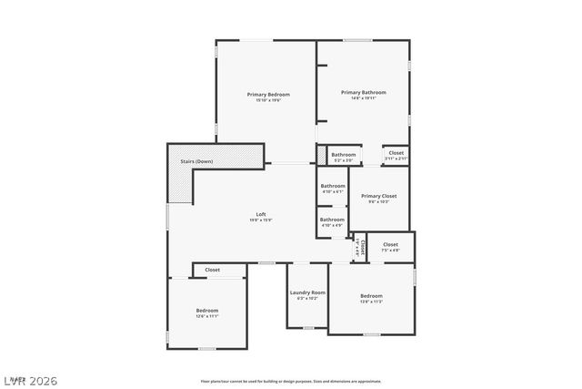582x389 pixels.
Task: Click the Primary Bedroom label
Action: pyautogui.click(x=268, y=94)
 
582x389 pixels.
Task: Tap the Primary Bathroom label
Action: pyautogui.click(x=364, y=92)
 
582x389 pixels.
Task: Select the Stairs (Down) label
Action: pyautogui.click(x=196, y=161)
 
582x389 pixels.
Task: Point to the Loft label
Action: pyautogui.click(x=261, y=214)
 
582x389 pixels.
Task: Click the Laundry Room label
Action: pyautogui.click(x=307, y=292)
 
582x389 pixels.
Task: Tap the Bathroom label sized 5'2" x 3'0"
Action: pyautogui.click(x=343, y=155)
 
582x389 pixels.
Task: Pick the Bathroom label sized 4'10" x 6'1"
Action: pyautogui.click(x=332, y=186)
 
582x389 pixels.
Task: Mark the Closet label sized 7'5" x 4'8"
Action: pyautogui.click(x=390, y=244)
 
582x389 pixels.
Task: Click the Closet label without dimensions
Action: pyautogui.click(x=212, y=270)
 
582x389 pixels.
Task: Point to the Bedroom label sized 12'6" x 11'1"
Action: pyautogui.click(x=207, y=310)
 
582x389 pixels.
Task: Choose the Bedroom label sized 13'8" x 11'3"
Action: pyautogui.click(x=371, y=295)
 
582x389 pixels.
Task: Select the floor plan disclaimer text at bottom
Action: pyautogui.click(x=291, y=381)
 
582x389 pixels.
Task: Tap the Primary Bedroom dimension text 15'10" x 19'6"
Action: pyautogui.click(x=268, y=99)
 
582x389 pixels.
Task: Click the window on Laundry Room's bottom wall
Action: pyautogui.click(x=308, y=327)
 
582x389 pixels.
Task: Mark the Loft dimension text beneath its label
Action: pyautogui.click(x=261, y=220)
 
